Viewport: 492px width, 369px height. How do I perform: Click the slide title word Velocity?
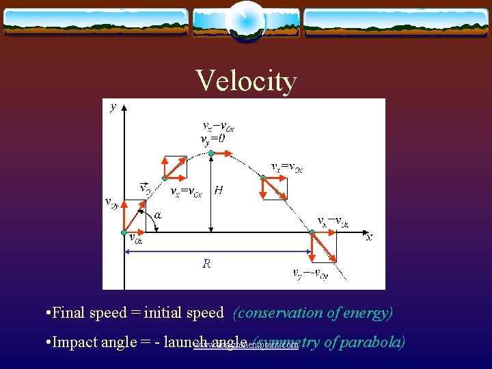pyautogui.click(x=246, y=81)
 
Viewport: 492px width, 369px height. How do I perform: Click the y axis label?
pyautogui.click(x=113, y=107)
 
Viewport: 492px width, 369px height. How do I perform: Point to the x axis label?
pyautogui.click(x=369, y=237)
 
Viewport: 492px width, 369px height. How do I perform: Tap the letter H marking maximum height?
pyautogui.click(x=218, y=191)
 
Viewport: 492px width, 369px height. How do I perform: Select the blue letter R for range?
pyautogui.click(x=206, y=263)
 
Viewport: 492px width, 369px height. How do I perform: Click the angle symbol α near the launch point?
pyautogui.click(x=158, y=215)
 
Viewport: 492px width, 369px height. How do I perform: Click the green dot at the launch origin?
pyautogui.click(x=124, y=232)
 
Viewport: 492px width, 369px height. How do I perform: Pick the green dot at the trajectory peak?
pyautogui.click(x=212, y=153)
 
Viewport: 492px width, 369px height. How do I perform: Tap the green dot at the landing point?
pyautogui.click(x=312, y=233)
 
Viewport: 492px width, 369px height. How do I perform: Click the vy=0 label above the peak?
pyautogui.click(x=213, y=139)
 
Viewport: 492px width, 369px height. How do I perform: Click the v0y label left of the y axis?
pyautogui.click(x=111, y=202)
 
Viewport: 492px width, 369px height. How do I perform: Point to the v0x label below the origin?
pyautogui.click(x=135, y=238)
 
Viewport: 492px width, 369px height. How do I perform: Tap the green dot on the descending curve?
pyautogui.click(x=263, y=178)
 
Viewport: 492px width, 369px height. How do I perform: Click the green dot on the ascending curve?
pyautogui.click(x=164, y=179)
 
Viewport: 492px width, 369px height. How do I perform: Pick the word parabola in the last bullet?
pyautogui.click(x=372, y=342)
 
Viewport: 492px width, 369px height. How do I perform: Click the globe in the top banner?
pyautogui.click(x=246, y=20)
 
